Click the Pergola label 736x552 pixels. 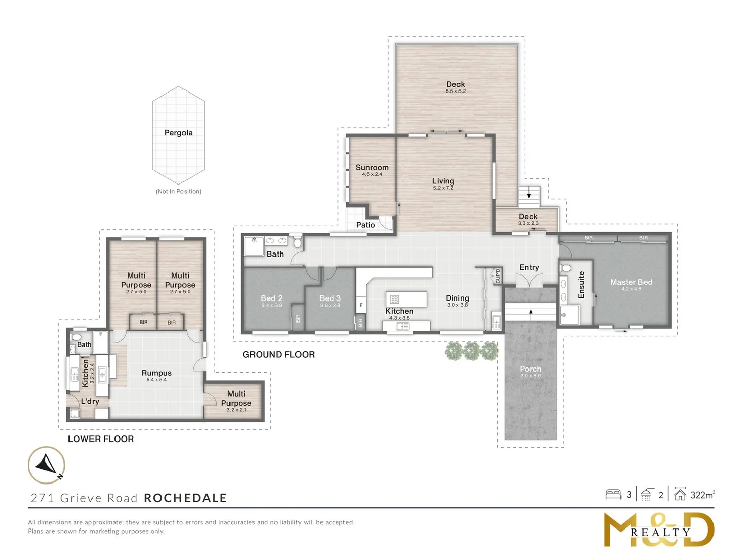point(178,133)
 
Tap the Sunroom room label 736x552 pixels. point(372,167)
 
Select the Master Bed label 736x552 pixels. point(631,282)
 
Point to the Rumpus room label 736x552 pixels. point(156,373)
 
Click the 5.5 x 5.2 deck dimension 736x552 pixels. point(455,91)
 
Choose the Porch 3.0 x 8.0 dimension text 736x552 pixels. point(531,376)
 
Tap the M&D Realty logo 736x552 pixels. point(658,530)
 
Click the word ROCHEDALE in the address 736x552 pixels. point(186,498)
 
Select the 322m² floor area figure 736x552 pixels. point(702,495)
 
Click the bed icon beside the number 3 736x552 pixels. point(613,495)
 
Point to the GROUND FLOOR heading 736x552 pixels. point(279,355)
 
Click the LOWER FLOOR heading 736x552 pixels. point(101,439)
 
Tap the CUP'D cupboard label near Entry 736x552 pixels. point(498,276)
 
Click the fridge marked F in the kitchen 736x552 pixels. point(361,305)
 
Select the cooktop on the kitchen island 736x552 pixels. point(395,299)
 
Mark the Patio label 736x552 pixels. point(365,225)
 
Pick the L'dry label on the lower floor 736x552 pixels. point(90,401)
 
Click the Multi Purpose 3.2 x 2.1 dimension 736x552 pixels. point(237,410)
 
